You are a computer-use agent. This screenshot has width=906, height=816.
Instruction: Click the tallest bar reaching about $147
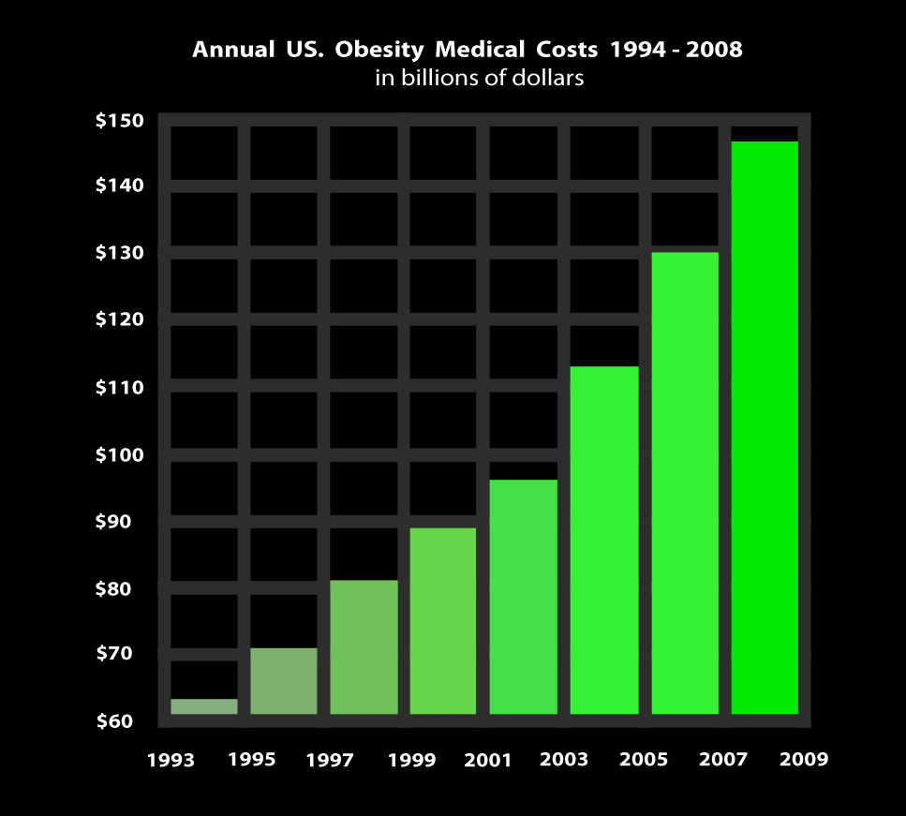(765, 427)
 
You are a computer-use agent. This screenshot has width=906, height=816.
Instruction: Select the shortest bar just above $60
(203, 706)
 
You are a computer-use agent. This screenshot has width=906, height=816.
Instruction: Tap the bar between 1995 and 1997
(283, 681)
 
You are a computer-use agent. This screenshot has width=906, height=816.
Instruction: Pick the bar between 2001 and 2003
(524, 597)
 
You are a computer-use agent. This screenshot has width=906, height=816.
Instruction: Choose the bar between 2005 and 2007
(685, 482)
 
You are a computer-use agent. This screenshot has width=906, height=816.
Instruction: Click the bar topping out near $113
(604, 540)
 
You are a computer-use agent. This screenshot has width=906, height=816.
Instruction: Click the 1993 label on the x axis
(171, 759)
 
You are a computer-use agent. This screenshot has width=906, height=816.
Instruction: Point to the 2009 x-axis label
(805, 759)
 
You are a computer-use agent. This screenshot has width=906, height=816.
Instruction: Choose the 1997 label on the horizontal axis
(330, 759)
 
